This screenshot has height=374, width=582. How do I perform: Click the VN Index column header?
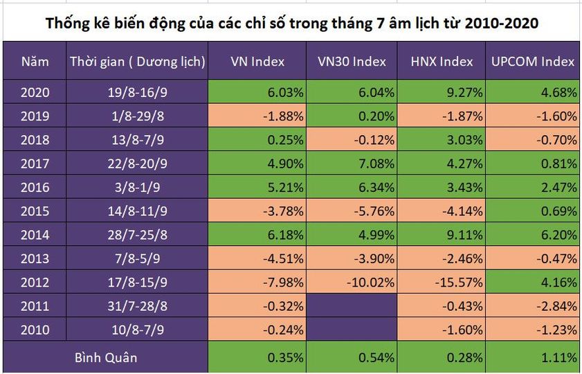[x=257, y=62]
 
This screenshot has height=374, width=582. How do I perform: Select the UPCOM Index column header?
[x=533, y=62]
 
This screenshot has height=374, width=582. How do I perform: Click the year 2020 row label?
[x=35, y=92]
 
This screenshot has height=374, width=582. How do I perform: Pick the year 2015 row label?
[x=35, y=211]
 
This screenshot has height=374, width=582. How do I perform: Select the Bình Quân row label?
[x=105, y=358]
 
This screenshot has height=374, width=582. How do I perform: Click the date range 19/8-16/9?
[x=137, y=92]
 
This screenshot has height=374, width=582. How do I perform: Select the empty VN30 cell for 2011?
[x=352, y=305]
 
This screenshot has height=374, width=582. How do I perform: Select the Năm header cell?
[x=35, y=62]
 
